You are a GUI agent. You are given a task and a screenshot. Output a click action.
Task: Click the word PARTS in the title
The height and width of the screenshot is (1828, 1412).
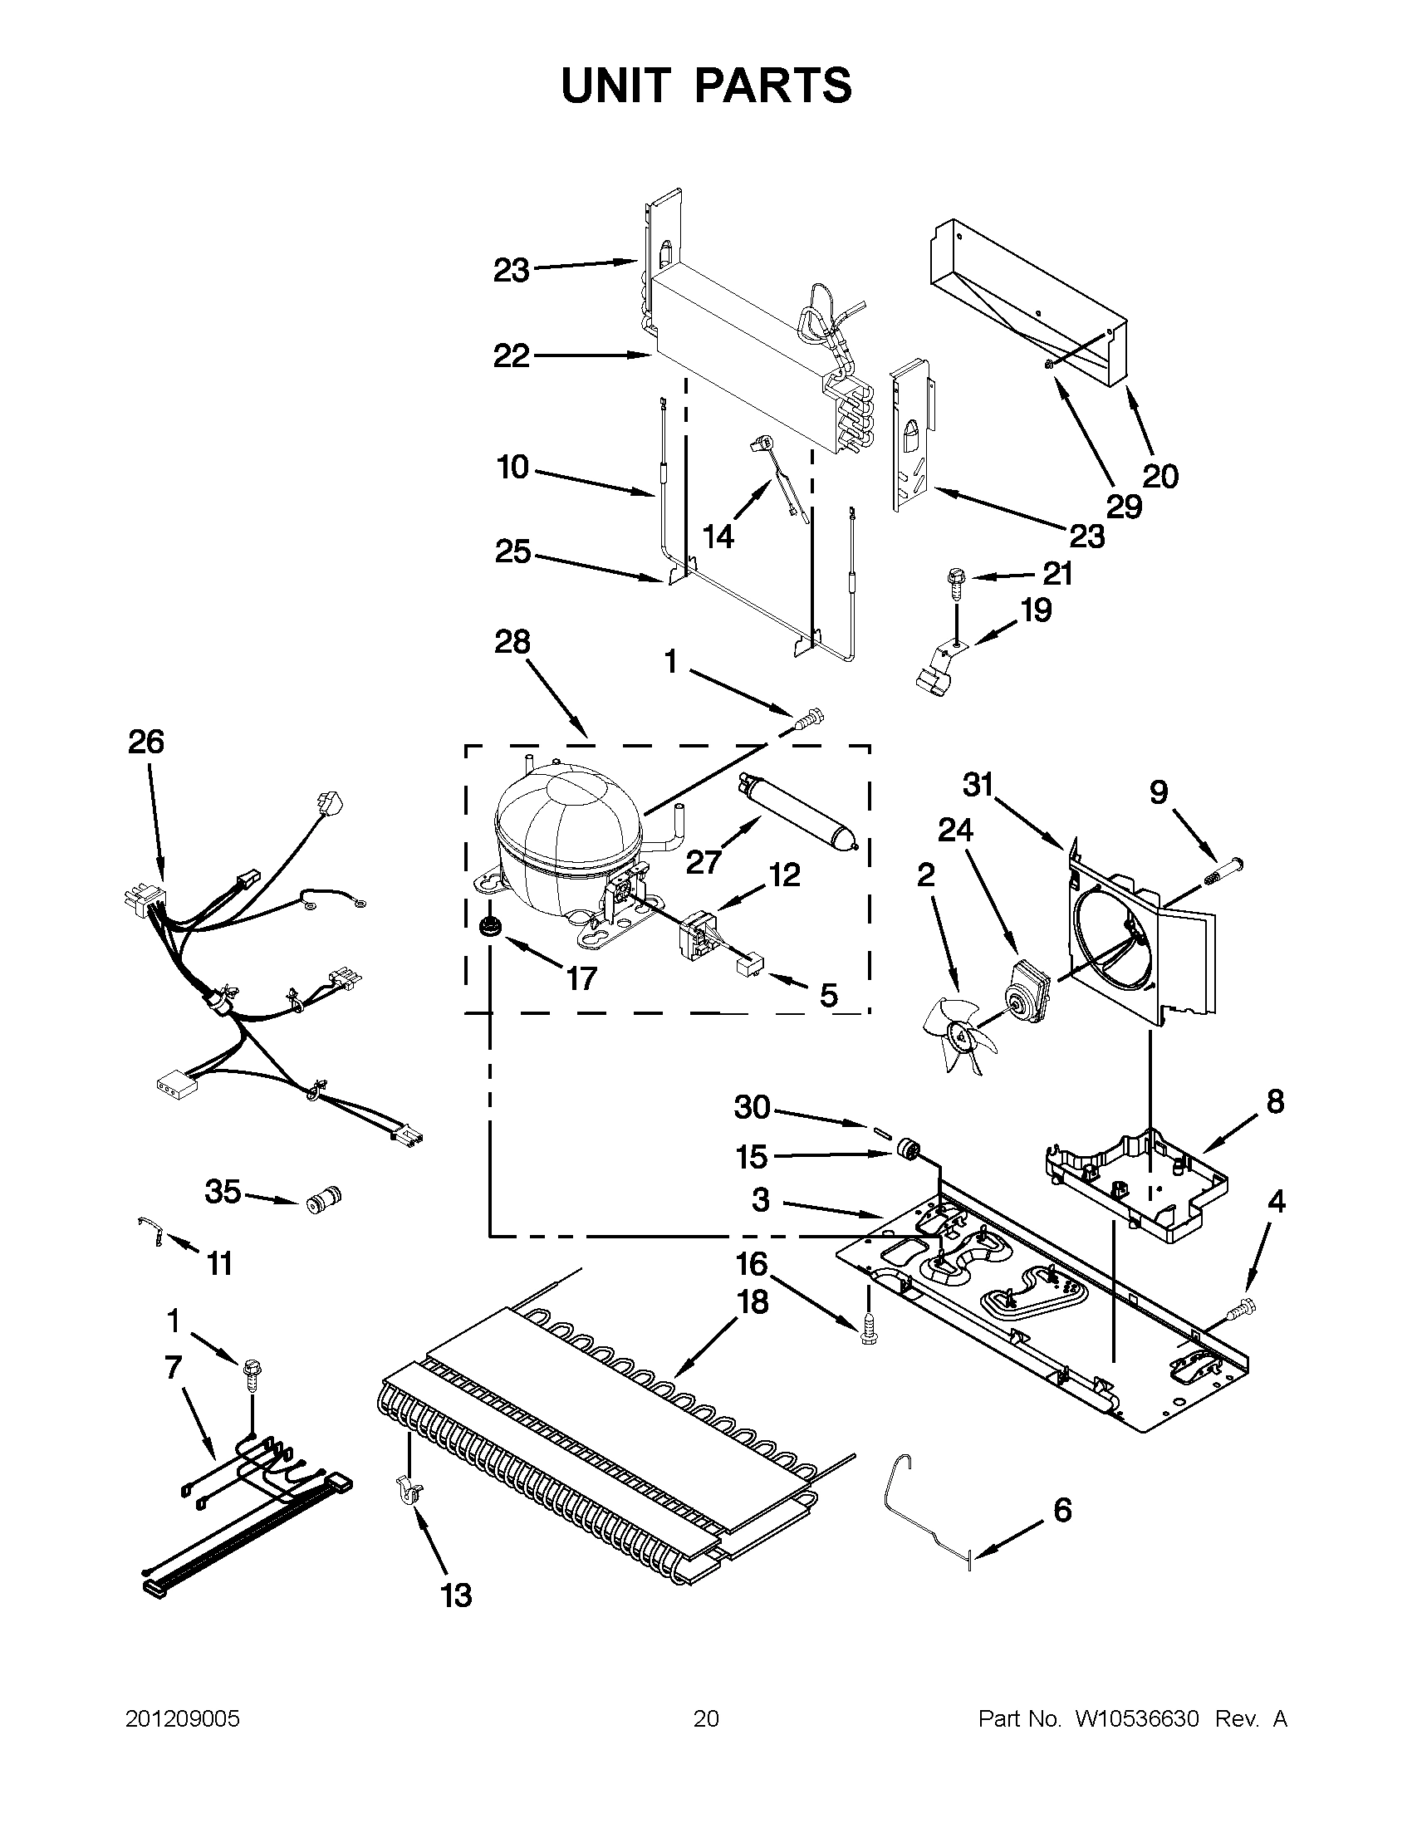(773, 86)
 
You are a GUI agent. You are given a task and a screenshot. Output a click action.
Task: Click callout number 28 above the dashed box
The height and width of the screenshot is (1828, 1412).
(512, 641)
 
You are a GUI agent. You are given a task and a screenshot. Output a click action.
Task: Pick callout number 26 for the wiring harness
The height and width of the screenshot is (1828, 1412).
(145, 742)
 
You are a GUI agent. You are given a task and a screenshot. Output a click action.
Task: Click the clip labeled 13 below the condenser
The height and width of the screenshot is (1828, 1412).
(408, 1491)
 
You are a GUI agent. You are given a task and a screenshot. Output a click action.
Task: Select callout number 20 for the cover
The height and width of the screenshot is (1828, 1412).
(1160, 476)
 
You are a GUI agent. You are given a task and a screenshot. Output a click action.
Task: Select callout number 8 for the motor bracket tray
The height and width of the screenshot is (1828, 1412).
(1275, 1101)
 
